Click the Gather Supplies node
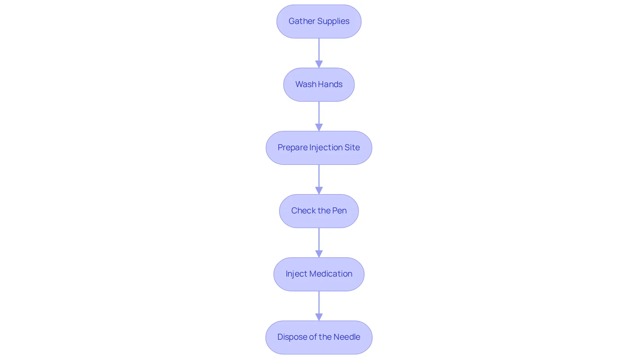[319, 21]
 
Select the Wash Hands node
[319, 84]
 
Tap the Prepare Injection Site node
[319, 148]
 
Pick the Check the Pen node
[319, 211]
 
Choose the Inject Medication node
[319, 274]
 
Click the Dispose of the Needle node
[319, 337]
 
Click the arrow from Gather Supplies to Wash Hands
[319, 53]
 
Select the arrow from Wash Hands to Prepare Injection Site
[319, 116]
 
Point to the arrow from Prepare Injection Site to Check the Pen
[319, 180]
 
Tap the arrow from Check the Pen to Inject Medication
[319, 243]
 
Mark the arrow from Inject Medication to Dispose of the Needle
[319, 306]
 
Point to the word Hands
[331, 84]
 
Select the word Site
[352, 147]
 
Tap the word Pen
[340, 210]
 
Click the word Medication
[331, 274]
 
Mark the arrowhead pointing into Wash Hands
[319, 64]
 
